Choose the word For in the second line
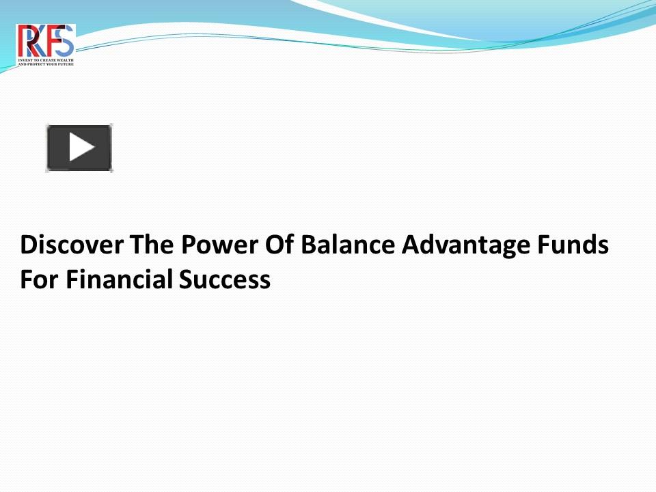coord(40,279)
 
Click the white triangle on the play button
coord(81,148)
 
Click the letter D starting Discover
coord(28,245)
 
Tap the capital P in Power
coord(189,245)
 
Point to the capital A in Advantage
coord(409,245)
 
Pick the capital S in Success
coord(187,279)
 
